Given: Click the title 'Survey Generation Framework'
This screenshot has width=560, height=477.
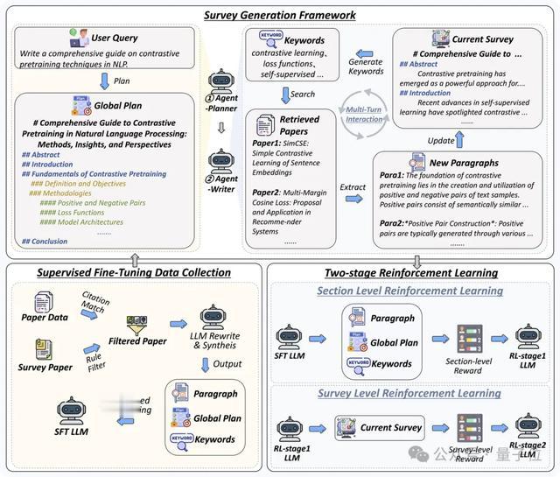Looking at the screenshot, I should [x=280, y=15].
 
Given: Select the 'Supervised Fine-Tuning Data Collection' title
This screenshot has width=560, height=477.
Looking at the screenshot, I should [x=134, y=272].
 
